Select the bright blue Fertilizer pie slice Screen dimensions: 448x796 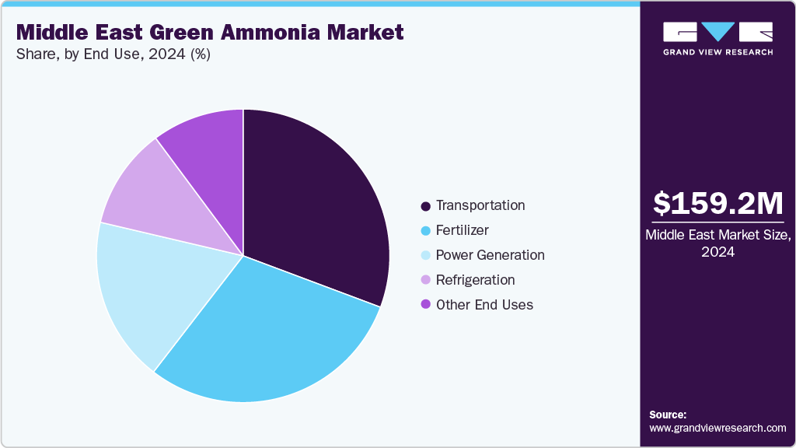pyautogui.click(x=264, y=334)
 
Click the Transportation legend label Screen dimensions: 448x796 pyautogui.click(x=480, y=205)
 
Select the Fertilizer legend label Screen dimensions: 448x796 pyautogui.click(x=463, y=230)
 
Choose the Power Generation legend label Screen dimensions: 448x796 pyautogui.click(x=490, y=255)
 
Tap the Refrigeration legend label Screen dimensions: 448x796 pyautogui.click(x=475, y=280)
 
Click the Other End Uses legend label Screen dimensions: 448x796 pyautogui.click(x=484, y=305)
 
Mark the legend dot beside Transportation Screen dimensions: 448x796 pyautogui.click(x=425, y=206)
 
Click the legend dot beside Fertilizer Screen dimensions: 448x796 pyautogui.click(x=425, y=231)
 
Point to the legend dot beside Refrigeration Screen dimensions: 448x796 pyautogui.click(x=425, y=281)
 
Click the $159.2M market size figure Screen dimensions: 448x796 pyautogui.click(x=717, y=204)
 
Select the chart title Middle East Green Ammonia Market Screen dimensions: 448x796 pyautogui.click(x=210, y=33)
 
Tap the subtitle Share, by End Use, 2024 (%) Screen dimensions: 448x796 pyautogui.click(x=113, y=54)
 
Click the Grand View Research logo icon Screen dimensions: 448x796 pyautogui.click(x=717, y=33)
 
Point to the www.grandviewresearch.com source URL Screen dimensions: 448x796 pyautogui.click(x=717, y=428)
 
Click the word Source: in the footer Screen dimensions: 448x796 pyautogui.click(x=668, y=415)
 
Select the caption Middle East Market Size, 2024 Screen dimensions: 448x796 pyautogui.click(x=717, y=243)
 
